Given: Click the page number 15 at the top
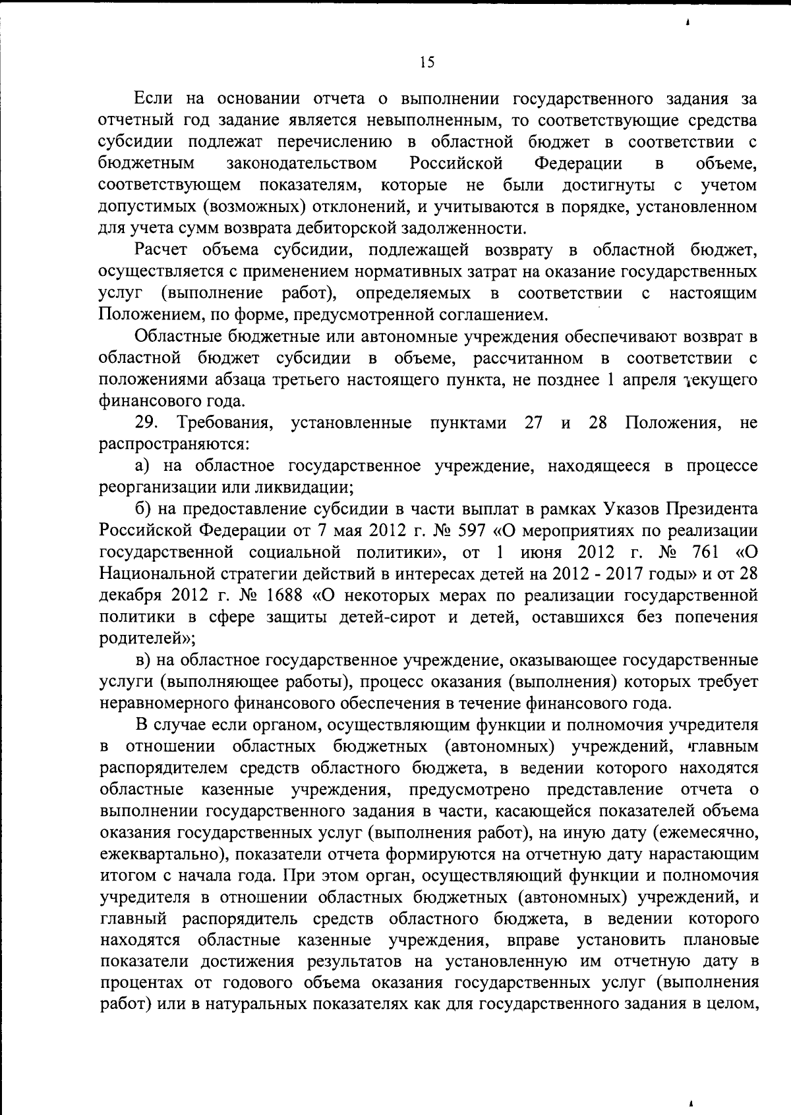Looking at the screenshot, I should click(x=427, y=62).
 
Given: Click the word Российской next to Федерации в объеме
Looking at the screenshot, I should click(x=456, y=163).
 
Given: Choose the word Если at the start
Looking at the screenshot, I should click(x=154, y=99).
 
